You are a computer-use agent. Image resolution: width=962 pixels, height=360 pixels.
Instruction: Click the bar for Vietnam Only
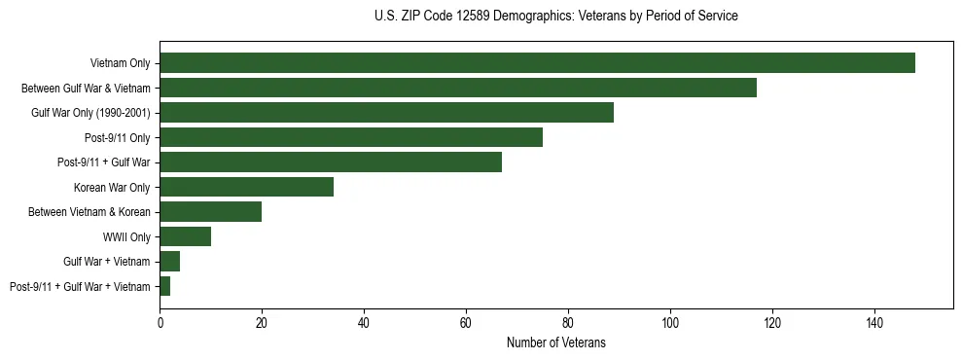pos(537,63)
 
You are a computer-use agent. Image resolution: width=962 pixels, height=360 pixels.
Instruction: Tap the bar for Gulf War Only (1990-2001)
pos(386,113)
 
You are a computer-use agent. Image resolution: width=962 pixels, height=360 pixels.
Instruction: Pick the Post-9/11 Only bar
pos(351,137)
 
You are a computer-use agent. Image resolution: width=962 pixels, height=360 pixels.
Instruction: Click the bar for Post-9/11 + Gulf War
pos(331,162)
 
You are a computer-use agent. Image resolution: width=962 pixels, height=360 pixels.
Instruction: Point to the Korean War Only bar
pos(246,187)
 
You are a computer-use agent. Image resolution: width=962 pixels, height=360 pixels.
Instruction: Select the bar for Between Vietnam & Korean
pos(211,211)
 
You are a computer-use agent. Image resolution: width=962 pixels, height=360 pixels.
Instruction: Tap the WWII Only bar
pos(185,236)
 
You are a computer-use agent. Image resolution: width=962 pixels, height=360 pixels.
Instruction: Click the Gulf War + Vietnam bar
pos(170,261)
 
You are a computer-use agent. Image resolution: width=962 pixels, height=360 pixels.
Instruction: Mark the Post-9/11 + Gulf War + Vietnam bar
pos(165,286)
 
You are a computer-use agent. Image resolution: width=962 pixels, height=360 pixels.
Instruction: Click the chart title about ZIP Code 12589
pos(555,17)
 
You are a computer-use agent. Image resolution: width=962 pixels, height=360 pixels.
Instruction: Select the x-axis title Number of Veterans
pos(555,342)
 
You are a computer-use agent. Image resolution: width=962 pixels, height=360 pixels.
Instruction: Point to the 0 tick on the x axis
pos(160,321)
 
